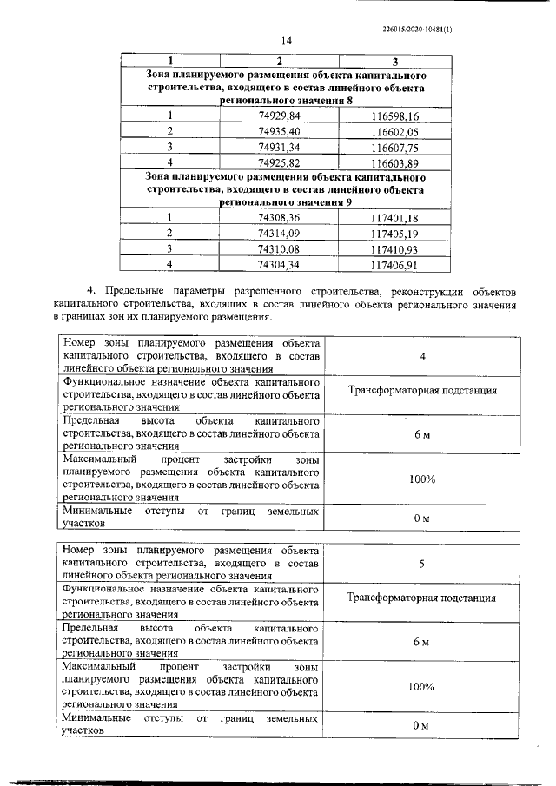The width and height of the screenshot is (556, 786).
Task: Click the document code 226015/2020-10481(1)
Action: click(x=417, y=29)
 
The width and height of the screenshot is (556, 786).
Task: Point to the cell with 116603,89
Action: click(x=394, y=162)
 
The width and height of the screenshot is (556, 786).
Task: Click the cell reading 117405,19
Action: click(x=394, y=233)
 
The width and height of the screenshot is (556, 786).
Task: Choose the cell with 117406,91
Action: click(x=394, y=264)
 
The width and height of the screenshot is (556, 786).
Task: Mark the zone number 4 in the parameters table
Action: click(x=421, y=357)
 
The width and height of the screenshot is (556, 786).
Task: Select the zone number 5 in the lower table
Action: click(x=421, y=565)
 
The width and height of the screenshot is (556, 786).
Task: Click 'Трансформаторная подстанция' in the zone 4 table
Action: click(x=422, y=391)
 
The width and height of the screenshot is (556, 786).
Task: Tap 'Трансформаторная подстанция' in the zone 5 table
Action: click(x=422, y=598)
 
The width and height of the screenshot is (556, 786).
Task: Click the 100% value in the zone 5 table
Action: click(x=421, y=687)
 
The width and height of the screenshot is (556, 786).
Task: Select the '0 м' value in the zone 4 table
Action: click(x=421, y=518)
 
